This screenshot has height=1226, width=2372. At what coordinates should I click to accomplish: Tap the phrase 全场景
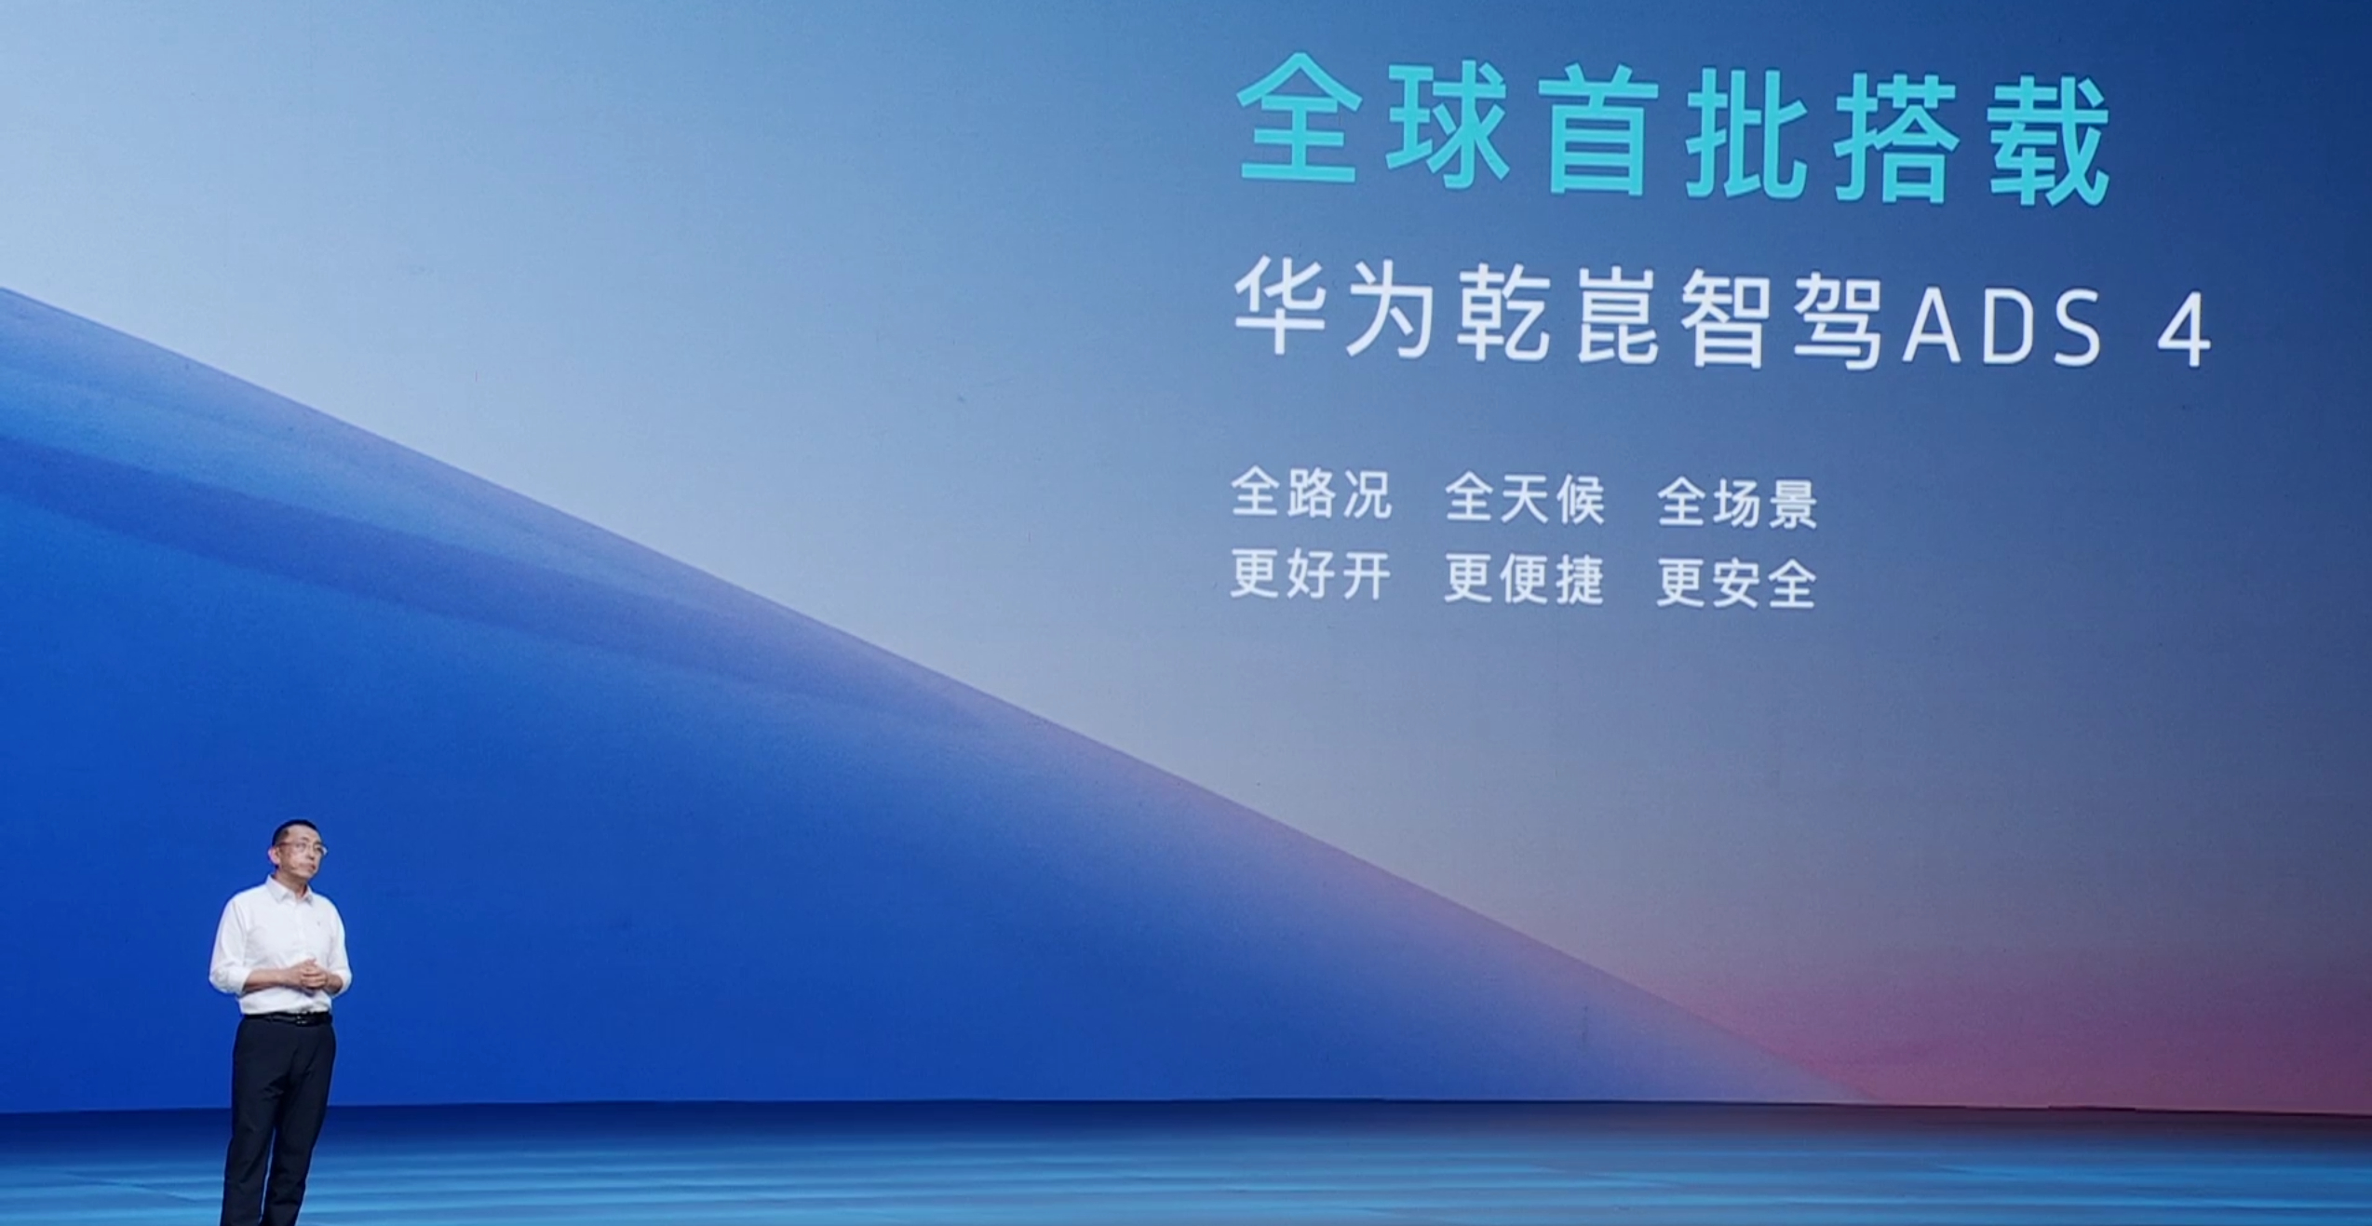1738,503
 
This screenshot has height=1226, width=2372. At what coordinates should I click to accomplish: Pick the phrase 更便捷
1525,577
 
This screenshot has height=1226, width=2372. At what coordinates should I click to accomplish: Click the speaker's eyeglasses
300,848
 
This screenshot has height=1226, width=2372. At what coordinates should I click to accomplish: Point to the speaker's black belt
288,1018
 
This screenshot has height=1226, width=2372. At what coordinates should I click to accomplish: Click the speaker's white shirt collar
285,890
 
